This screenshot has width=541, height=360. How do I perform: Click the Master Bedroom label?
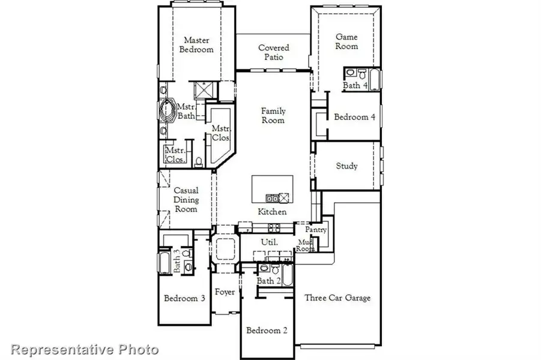coord(198,44)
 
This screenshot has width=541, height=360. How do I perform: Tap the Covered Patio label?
coord(274,52)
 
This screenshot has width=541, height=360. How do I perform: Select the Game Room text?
coord(346,41)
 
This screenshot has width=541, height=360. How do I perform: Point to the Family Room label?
coord(273,115)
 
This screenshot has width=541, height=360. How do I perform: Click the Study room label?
coord(346,166)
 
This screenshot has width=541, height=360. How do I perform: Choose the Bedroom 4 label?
coord(354,117)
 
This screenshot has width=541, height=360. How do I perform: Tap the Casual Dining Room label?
coord(186,199)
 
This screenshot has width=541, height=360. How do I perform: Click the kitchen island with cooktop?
coord(272,190)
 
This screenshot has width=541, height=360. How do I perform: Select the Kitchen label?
coord(272,212)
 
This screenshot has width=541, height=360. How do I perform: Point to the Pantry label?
coord(315,229)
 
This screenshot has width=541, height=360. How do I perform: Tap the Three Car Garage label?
coord(337,298)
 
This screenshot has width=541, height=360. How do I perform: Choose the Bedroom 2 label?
coord(267,330)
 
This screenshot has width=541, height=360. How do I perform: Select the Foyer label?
coord(225,292)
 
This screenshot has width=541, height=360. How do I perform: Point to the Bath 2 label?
coord(269,281)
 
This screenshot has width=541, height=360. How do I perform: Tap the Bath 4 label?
coord(355,86)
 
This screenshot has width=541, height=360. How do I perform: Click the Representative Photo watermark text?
coord(85,349)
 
